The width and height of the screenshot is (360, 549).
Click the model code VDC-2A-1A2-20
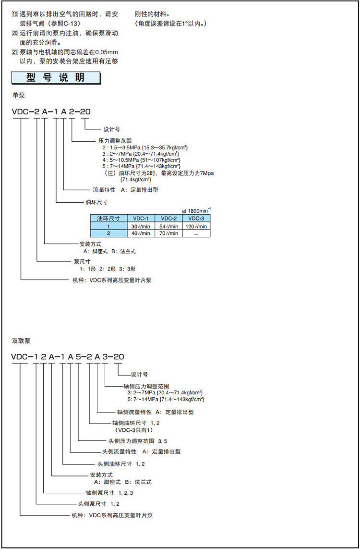point(51,112)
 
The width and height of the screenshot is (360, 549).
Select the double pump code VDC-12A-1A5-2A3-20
point(68,356)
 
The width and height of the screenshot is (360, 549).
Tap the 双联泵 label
point(21,341)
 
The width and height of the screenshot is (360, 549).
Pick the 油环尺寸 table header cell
point(108,219)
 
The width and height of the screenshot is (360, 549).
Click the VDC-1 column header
point(140,219)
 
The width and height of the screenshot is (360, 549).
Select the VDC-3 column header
point(196,219)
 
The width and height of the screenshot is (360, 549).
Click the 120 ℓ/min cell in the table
point(196,226)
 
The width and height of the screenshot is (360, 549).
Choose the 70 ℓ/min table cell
point(168,233)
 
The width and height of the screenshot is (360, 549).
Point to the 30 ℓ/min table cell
point(140,226)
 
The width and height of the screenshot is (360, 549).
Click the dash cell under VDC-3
point(196,233)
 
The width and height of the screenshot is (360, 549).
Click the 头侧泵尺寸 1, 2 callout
point(98,504)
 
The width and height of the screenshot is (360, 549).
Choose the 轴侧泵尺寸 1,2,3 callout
point(109,493)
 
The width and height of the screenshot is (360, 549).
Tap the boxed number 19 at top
point(14,14)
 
